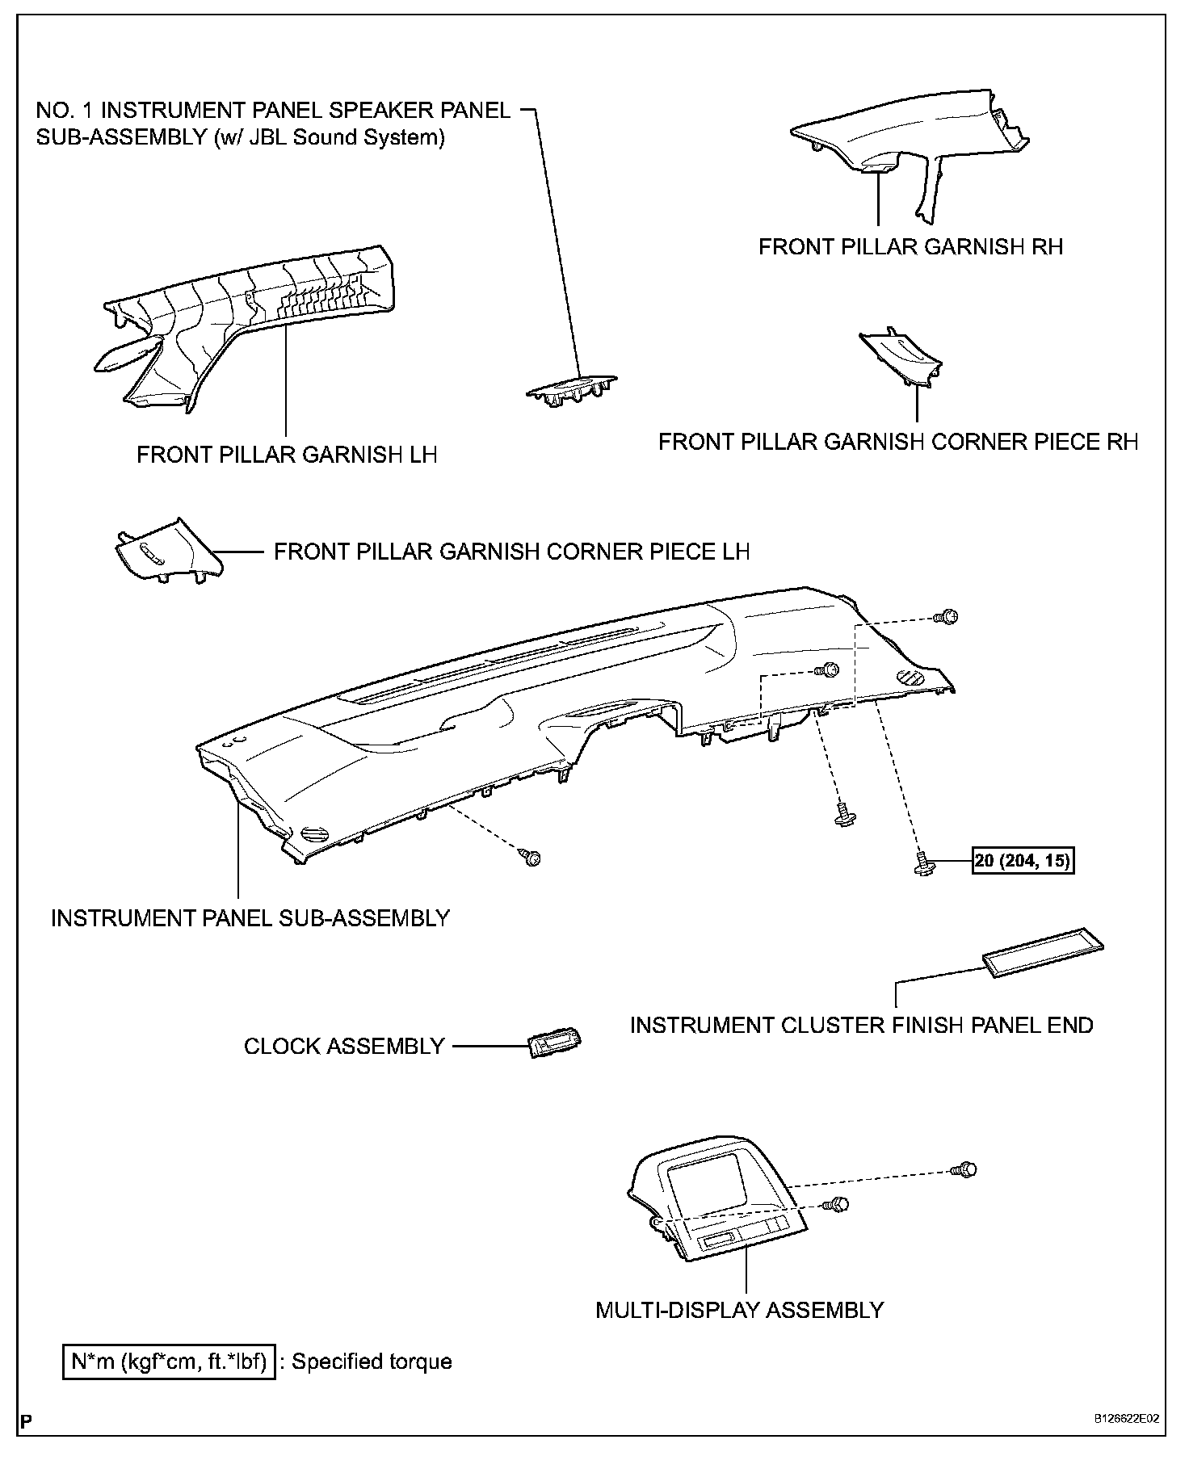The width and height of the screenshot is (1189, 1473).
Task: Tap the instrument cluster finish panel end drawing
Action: coord(1043,958)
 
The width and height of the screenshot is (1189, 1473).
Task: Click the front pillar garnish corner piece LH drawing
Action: coord(166,552)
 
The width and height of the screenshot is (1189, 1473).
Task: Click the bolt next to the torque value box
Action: coord(924,862)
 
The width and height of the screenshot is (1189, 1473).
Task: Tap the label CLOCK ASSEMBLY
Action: coord(344,1047)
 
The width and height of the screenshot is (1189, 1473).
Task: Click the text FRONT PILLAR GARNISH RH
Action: coord(910,246)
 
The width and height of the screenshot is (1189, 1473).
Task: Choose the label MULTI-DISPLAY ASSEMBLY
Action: coord(739,1310)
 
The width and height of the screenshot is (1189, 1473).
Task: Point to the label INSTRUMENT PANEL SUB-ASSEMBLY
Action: coord(250,918)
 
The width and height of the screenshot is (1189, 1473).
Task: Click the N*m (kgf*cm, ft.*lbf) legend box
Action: coord(170,1362)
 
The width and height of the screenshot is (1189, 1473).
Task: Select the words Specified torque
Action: coord(372,1362)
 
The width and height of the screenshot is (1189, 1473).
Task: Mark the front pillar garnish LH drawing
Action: coord(250,323)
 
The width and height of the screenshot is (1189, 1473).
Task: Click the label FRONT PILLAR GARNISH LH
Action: coord(287,455)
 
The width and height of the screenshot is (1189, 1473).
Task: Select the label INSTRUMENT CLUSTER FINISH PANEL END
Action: coord(861,1026)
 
